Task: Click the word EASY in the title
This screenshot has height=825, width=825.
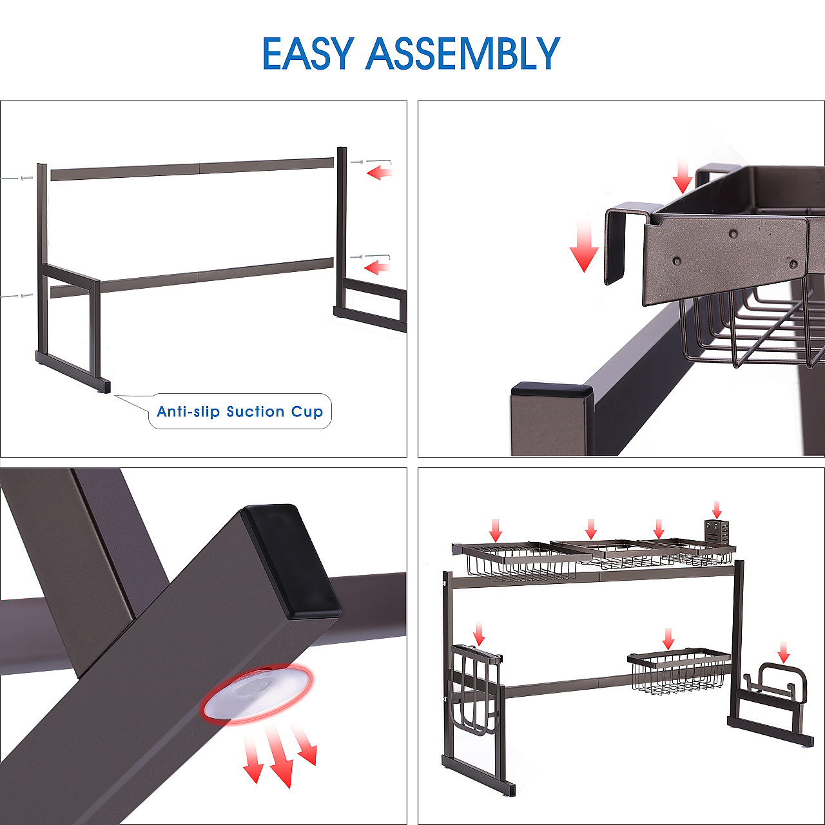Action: point(308,53)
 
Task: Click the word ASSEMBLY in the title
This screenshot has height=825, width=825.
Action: point(463,53)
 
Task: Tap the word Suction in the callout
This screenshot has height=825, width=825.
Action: point(256,411)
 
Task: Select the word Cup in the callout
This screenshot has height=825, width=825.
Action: point(307,412)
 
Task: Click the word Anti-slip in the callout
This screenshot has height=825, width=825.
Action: point(188,411)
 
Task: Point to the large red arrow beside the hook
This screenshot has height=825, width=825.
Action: point(584,244)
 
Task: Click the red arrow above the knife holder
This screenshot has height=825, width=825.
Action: point(717,509)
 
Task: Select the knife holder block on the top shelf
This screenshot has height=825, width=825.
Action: point(716,534)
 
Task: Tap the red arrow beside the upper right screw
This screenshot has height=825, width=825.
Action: point(380,173)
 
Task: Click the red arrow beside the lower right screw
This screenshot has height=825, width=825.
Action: point(377,267)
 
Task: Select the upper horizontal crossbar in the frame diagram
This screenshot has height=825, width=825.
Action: point(192,169)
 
